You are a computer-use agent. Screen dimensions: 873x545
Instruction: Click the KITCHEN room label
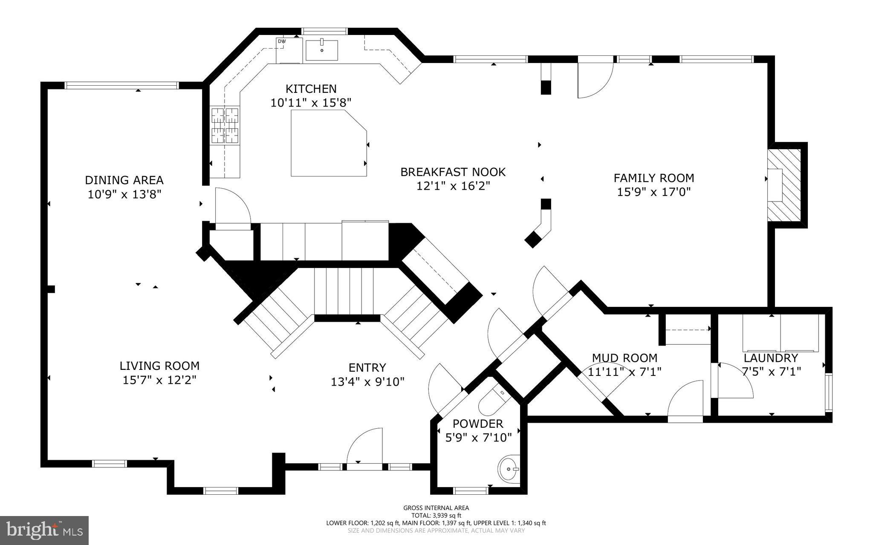point(311,89)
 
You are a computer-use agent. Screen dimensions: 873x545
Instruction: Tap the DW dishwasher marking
point(282,41)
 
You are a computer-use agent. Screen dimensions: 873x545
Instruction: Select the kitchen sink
point(322,50)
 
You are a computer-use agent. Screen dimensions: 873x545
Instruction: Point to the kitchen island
point(329,143)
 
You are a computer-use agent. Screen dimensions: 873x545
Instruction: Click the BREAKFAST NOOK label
point(453,172)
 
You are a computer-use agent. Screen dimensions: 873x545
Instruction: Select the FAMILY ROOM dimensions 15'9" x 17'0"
point(653,192)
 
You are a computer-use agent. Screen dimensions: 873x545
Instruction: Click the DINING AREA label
point(124,180)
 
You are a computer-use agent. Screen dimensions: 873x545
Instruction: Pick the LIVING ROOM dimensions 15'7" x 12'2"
point(159,380)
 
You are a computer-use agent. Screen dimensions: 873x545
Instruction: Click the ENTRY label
point(367,367)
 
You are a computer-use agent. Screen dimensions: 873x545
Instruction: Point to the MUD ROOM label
point(624,358)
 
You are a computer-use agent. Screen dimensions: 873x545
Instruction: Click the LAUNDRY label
point(771,358)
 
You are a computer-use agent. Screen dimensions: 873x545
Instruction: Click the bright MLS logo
point(44,531)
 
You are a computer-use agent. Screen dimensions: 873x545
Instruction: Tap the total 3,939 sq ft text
point(436,515)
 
